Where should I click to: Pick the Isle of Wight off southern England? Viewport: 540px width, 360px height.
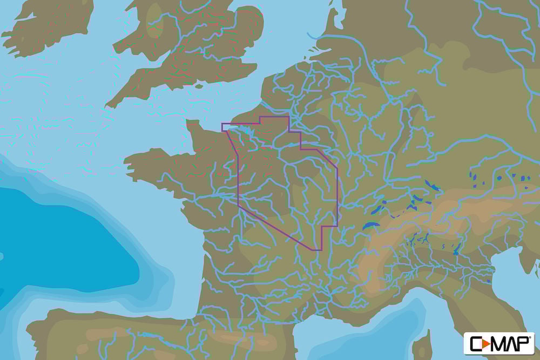198,86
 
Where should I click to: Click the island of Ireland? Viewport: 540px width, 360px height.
43,27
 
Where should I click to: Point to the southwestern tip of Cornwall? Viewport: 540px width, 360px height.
108,105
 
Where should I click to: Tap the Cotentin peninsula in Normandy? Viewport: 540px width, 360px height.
193,130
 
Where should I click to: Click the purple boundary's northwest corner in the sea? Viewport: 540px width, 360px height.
222,124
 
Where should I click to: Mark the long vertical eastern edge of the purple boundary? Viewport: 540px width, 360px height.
337,194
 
